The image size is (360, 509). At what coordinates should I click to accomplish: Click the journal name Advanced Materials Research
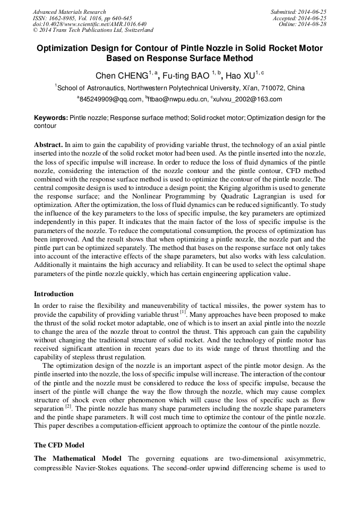70,12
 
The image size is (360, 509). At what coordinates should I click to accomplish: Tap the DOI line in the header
89,24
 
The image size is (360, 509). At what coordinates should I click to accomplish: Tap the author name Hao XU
238,75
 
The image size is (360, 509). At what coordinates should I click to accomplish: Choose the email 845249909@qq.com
109,99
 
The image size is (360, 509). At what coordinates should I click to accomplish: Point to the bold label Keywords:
51,118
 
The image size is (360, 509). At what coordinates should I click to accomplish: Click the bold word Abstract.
48,144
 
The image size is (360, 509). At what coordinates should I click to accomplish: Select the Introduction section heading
54,294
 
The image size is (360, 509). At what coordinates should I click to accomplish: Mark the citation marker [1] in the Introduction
183,313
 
